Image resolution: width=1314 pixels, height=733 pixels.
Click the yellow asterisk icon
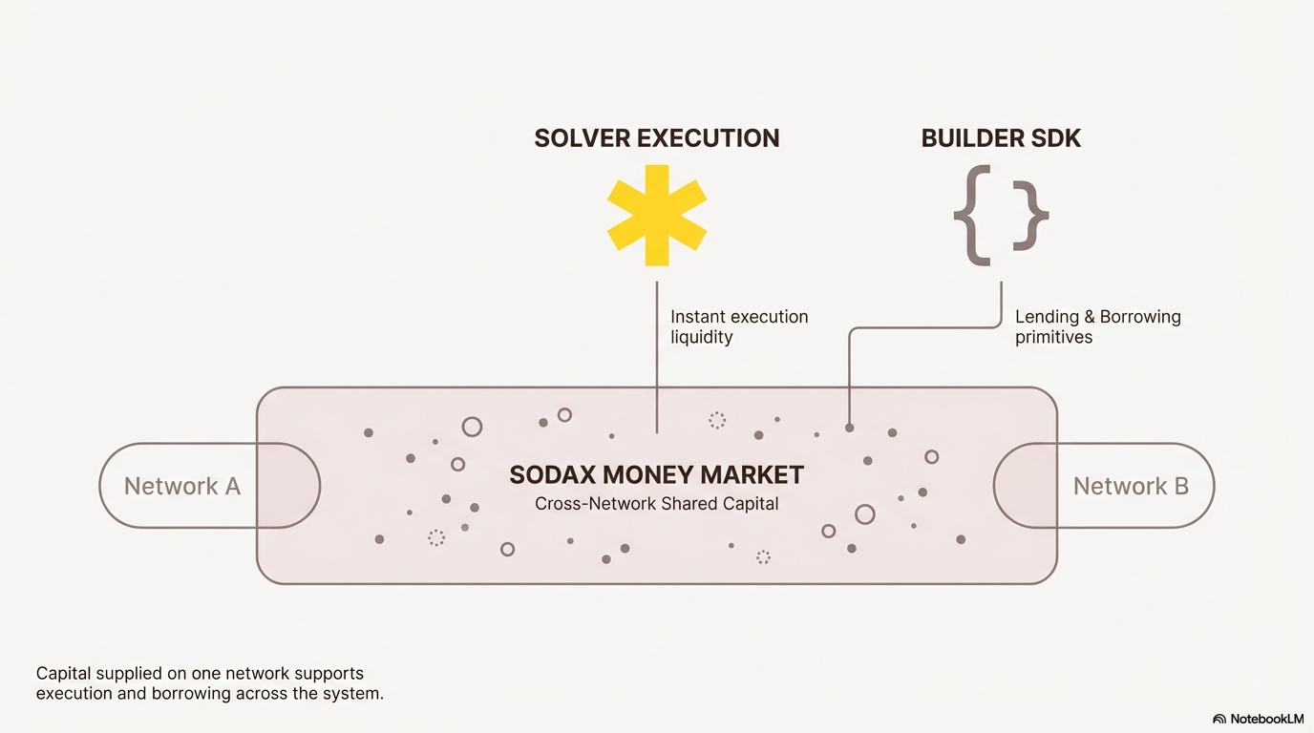tap(657, 215)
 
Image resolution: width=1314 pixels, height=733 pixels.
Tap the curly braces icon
tap(1001, 215)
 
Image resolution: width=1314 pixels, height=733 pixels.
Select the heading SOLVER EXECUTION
tap(657, 138)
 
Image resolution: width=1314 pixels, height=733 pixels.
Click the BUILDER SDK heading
tap(1001, 138)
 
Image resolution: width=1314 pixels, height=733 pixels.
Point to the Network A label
tap(182, 486)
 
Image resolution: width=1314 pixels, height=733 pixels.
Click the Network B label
tap(1131, 486)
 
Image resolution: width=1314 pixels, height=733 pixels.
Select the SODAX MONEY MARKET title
tap(656, 475)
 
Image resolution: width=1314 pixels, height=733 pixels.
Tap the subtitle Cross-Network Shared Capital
tap(656, 504)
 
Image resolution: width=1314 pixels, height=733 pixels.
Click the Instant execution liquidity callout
tap(739, 326)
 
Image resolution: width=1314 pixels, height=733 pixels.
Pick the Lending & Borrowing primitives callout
tap(1098, 326)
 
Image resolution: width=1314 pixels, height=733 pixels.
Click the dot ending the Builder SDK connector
tap(849, 429)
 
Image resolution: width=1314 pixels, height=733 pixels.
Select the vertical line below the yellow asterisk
tap(657, 357)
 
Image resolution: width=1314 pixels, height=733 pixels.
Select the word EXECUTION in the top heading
tap(709, 138)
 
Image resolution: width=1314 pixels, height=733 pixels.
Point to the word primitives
tap(1054, 338)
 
